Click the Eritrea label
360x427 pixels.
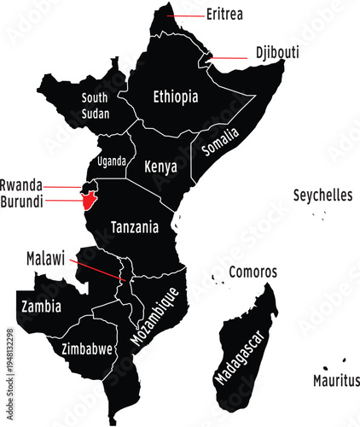[x=224, y=15]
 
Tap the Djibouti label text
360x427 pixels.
[x=277, y=52]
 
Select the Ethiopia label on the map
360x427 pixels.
[x=175, y=97]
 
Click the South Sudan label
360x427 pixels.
[x=95, y=105]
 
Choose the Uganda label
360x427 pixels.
[x=112, y=161]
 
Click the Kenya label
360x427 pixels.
[x=160, y=166]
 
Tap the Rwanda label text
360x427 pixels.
[x=20, y=184]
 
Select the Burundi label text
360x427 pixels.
[x=21, y=202]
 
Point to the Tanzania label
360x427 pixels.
[x=135, y=228]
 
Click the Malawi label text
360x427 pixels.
[x=45, y=257]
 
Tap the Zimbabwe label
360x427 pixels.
[x=88, y=348]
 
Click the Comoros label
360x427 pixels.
[x=253, y=272]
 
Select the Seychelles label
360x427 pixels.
[x=322, y=196]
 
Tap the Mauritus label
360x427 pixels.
[x=336, y=380]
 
